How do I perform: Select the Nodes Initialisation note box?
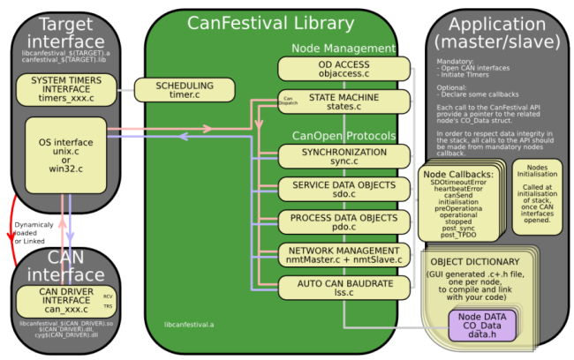tap(535, 194)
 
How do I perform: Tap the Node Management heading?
tap(344, 48)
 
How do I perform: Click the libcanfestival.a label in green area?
tap(190, 325)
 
